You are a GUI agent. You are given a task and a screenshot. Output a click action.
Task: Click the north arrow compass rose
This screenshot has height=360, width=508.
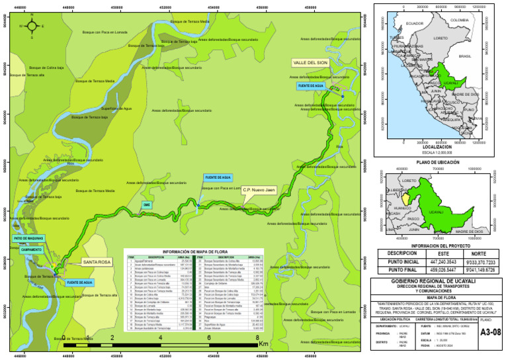click(x=30, y=26)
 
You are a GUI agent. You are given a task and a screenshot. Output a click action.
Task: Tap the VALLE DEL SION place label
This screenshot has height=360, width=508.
click(x=310, y=63)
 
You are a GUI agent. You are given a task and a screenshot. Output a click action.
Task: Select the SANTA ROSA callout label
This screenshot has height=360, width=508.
click(x=97, y=262)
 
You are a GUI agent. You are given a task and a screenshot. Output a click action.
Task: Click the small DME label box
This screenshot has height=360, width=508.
click(x=148, y=205)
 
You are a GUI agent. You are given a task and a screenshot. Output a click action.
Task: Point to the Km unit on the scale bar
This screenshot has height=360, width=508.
click(x=264, y=344)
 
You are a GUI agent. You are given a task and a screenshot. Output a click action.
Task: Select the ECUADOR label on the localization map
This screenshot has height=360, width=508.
click(x=414, y=23)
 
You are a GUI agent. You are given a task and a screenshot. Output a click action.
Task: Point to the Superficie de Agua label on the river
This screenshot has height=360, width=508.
click(x=116, y=108)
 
